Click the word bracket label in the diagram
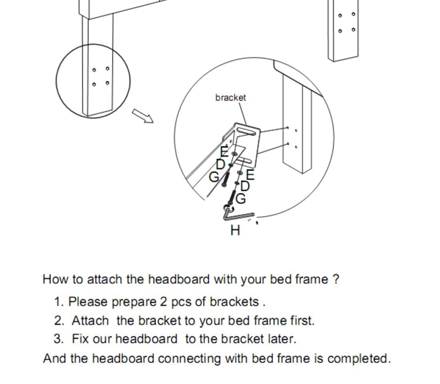click(230, 98)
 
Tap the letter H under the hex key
click(236, 230)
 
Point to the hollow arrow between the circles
click(143, 116)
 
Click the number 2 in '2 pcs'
click(163, 302)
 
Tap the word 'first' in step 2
click(300, 320)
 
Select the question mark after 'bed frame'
click(336, 279)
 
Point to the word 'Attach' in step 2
click(90, 320)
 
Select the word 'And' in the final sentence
click(55, 358)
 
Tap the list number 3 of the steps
click(58, 339)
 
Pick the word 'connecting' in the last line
click(189, 358)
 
